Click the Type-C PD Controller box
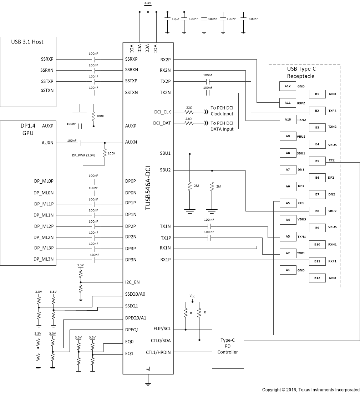228,346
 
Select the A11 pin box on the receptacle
288,103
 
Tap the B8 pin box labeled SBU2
317,211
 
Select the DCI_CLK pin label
162,112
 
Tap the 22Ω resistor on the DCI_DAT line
188,123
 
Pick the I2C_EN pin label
132,282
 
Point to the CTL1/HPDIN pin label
158,352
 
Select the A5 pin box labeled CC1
288,203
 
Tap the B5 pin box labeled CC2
317,161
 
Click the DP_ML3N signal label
44,260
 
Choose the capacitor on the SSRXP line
93,59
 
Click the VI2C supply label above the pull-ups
192,296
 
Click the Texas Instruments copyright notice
310,390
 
